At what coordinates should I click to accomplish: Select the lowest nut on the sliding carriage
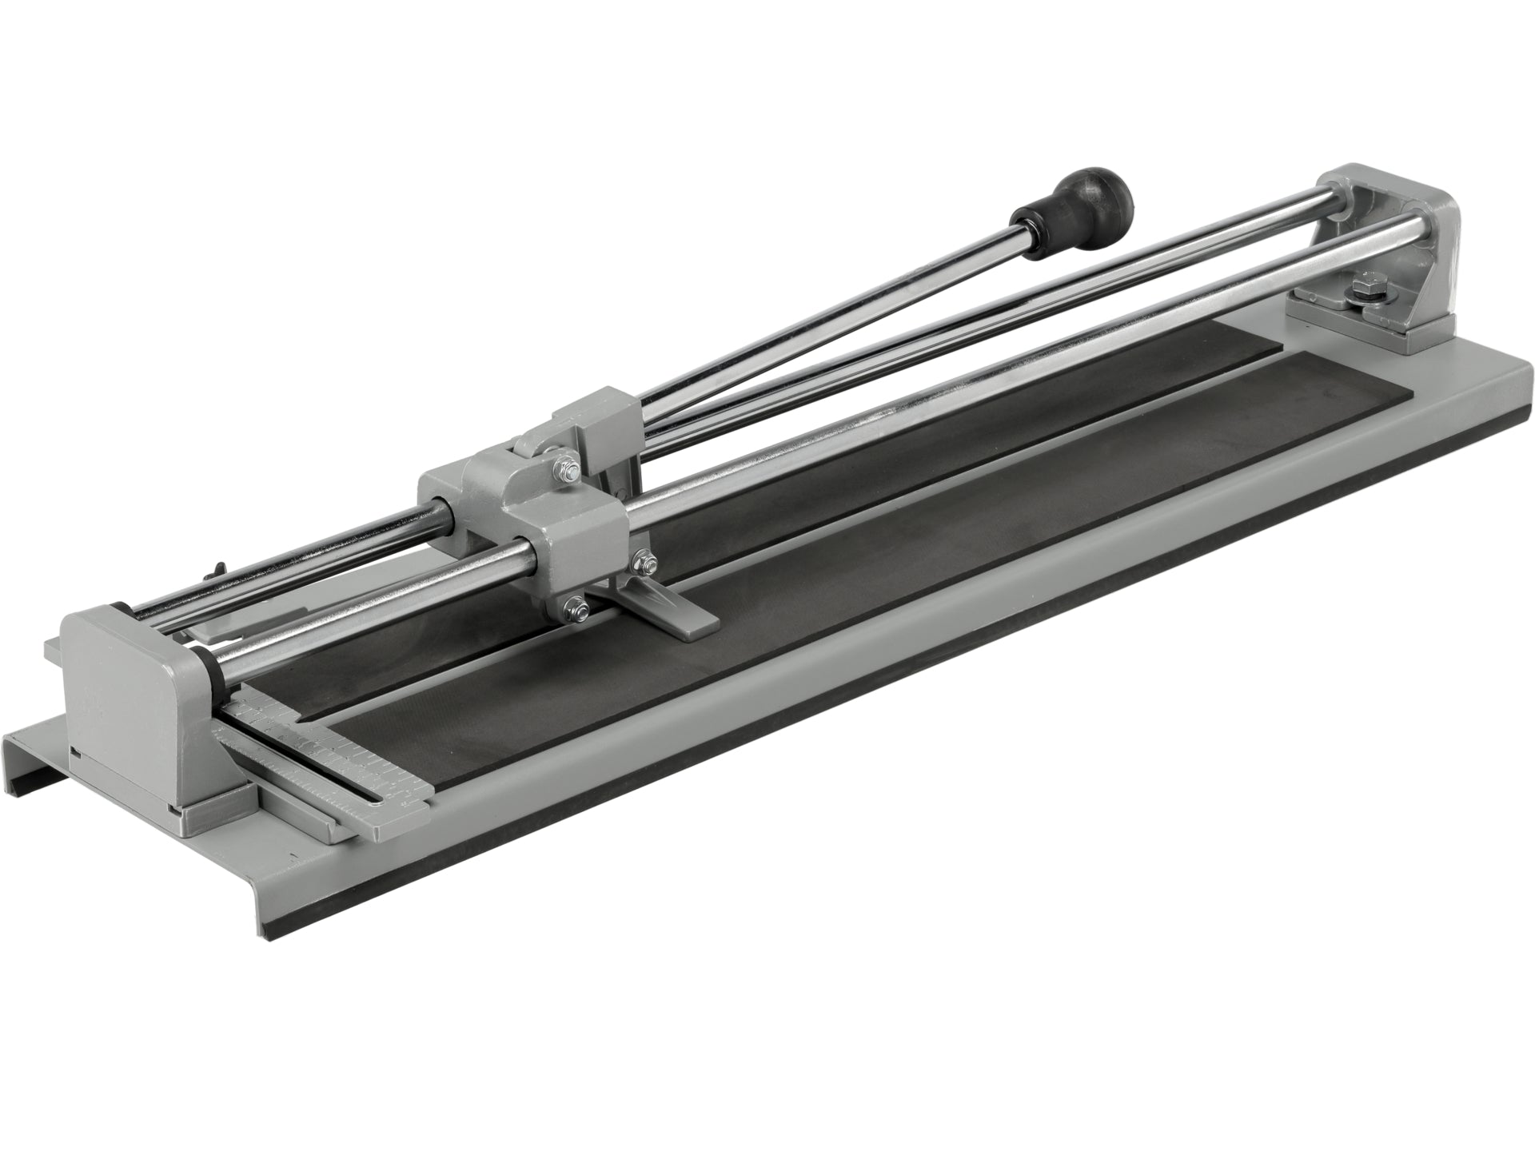573,607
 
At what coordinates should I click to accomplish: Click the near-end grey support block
136,687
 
